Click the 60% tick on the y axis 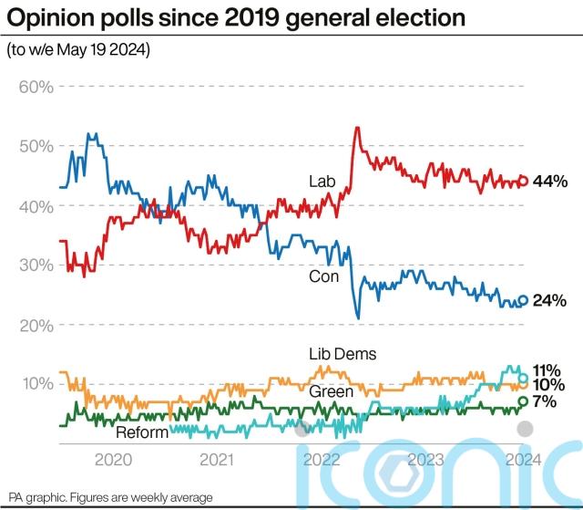point(36,87)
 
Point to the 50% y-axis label point(36,146)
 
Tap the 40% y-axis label point(36,206)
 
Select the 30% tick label point(36,265)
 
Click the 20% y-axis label point(36,325)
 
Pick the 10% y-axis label point(36,384)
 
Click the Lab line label point(322,182)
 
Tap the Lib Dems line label point(343,354)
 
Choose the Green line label point(332,391)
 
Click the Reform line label point(142,432)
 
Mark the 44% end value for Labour point(550,182)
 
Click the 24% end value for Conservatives point(550,300)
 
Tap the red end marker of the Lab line point(524,181)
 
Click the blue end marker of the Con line point(524,300)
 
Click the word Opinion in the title point(49,17)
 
